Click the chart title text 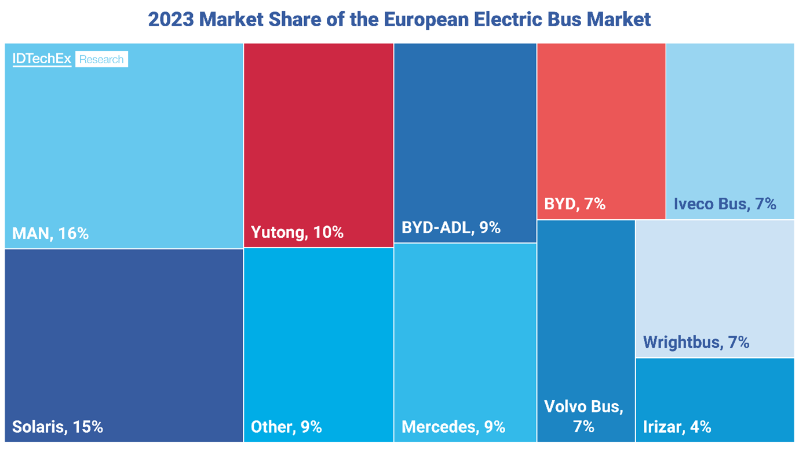coord(399,19)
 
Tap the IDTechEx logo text coord(42,59)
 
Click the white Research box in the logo coord(101,59)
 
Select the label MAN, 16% coord(50,234)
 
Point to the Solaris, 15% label coord(57,427)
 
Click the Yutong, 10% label coord(297,233)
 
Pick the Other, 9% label coord(286,427)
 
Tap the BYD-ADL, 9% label coord(451,227)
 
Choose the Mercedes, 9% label coord(453,427)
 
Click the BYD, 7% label coord(575,204)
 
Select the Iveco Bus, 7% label coord(725,204)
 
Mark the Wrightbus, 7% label coord(696,342)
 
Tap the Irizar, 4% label coord(677,427)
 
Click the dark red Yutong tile coord(319,128)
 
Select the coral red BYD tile coord(601,116)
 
